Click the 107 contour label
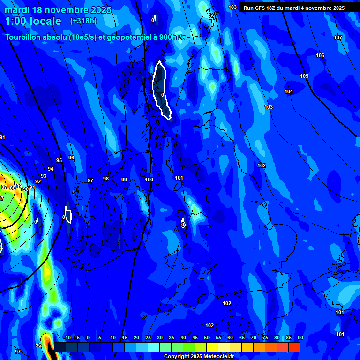point(338,37)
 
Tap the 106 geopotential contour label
point(320,56)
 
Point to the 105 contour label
point(304,76)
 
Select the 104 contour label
point(289,91)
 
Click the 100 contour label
point(149,180)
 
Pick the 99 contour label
point(124,180)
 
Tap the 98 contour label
point(106,179)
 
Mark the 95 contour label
point(59,160)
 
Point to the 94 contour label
point(51,169)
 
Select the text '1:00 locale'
point(33,21)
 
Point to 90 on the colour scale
point(300,338)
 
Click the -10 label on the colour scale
point(67,338)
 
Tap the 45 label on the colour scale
point(195,338)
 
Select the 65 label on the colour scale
point(242,338)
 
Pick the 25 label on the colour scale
point(148,338)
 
